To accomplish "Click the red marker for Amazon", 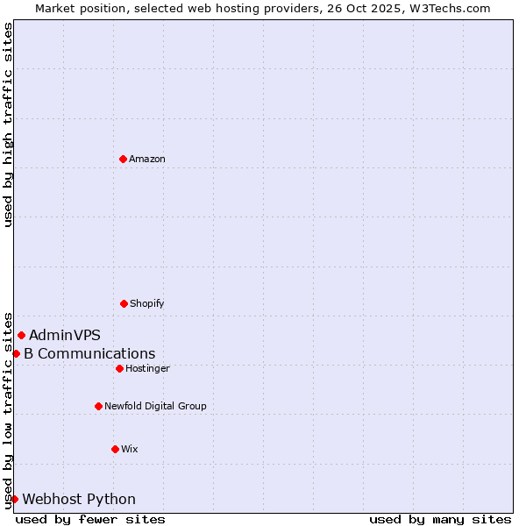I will (x=123, y=159).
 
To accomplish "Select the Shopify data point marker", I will (x=124, y=303).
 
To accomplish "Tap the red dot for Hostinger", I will (x=119, y=368).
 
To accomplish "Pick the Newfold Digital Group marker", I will (x=98, y=406).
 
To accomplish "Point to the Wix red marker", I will (x=115, y=449).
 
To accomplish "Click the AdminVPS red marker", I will (x=21, y=335).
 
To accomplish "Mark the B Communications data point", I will (x=16, y=353).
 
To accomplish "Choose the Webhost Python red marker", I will (x=14, y=499).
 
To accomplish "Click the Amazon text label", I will (x=147, y=160).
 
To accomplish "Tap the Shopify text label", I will (x=147, y=304).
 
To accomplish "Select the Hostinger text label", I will (x=147, y=369).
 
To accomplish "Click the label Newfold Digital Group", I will (x=155, y=407).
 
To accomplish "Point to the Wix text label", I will (x=130, y=450).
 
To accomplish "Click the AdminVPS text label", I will (x=65, y=335).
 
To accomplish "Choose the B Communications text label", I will (x=89, y=354).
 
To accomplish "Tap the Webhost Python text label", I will (x=79, y=500).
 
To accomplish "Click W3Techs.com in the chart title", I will (x=452, y=8).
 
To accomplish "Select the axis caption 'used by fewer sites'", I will (x=90, y=519).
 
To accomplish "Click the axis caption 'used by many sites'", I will (x=440, y=519).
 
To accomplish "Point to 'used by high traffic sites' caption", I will (x=8, y=124).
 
